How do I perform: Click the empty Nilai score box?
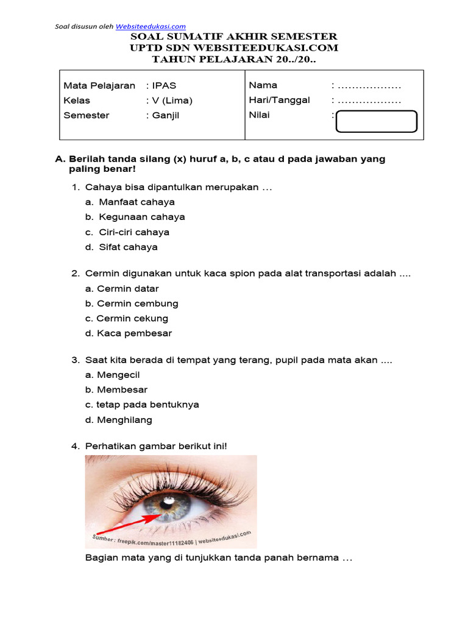point(377,121)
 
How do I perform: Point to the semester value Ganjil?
point(166,115)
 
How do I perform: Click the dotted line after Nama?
point(369,86)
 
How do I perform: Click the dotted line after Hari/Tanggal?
point(369,101)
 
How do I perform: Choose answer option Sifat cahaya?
point(128,247)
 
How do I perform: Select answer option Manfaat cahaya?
point(136,202)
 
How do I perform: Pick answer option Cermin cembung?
point(137,303)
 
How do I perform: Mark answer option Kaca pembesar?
point(134,333)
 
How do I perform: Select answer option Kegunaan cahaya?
point(142,217)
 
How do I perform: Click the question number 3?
point(76,360)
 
